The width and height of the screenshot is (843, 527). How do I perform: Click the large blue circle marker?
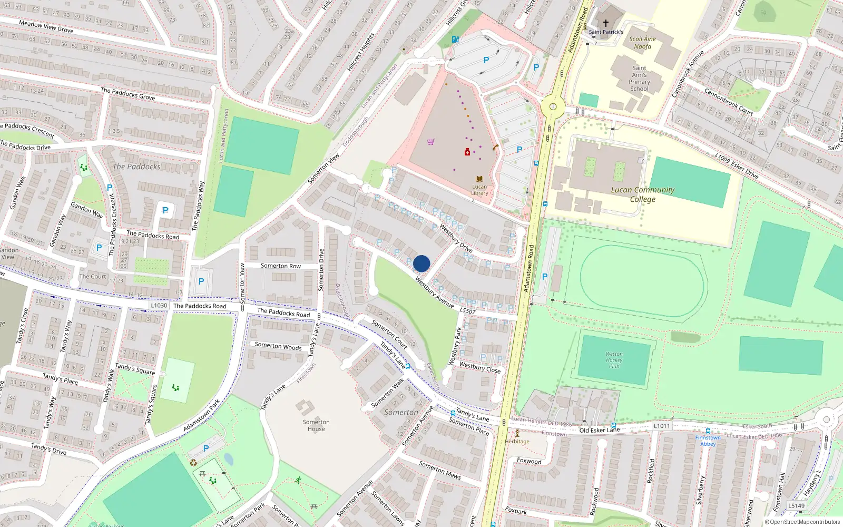[421, 263]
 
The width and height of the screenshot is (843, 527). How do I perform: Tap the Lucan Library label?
[479, 190]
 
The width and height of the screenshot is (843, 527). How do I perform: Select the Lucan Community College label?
[643, 194]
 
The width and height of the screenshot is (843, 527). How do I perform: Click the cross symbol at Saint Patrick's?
[606, 23]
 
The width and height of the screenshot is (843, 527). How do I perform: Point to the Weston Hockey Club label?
[614, 360]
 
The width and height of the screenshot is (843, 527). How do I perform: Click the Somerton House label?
[316, 425]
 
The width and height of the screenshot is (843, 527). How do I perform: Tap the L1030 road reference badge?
[159, 306]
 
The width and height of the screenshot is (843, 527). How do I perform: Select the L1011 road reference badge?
[662, 426]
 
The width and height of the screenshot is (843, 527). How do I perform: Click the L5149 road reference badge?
[797, 506]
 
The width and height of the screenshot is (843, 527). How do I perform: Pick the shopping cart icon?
[431, 142]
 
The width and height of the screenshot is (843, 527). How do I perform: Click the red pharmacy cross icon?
[467, 152]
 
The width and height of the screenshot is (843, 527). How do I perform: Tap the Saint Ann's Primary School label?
[639, 78]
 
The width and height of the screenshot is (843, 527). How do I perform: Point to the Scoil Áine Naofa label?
[643, 43]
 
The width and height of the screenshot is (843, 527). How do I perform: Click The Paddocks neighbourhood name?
[136, 167]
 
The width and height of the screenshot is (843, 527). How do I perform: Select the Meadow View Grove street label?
[46, 26]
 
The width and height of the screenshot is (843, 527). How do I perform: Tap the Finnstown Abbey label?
[708, 441]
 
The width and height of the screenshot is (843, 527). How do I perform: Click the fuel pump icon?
[455, 39]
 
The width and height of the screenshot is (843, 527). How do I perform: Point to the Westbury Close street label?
[480, 367]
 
